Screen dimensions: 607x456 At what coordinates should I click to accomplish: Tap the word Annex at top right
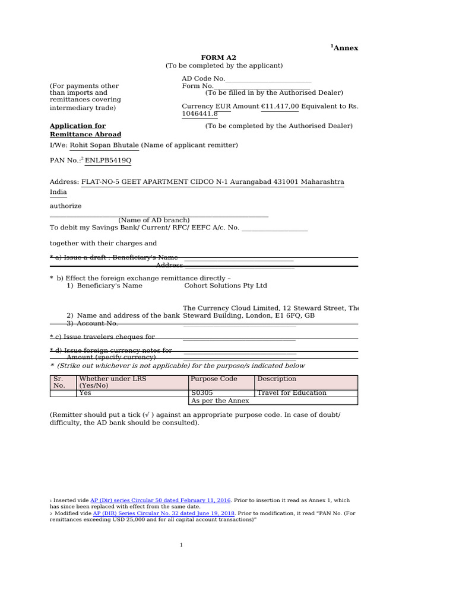[346, 48]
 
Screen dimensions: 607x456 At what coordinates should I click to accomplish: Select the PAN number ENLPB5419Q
[108, 161]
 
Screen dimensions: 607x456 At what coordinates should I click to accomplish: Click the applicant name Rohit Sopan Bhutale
[104, 145]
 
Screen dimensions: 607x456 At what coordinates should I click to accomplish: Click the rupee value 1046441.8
[199, 113]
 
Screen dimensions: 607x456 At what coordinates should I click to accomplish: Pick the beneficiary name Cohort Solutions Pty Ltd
[226, 286]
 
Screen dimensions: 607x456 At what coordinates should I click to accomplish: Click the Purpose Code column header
[214, 379]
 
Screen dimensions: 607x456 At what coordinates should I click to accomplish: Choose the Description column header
[277, 379]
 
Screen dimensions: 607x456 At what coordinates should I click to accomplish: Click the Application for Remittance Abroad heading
[85, 130]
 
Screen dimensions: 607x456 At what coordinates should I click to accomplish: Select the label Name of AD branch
[154, 220]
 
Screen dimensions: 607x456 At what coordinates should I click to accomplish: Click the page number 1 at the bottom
[181, 545]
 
